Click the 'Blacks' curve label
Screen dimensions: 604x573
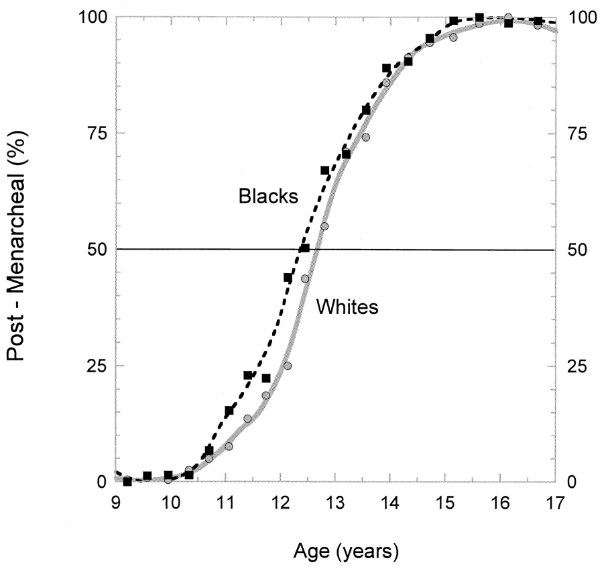268,196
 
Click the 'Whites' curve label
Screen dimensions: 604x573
347,307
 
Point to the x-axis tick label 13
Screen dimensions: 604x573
335,503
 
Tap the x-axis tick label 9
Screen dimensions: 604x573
116,503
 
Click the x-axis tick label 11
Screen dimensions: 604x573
226,503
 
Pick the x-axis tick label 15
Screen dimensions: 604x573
445,503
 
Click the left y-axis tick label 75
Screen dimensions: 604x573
97,134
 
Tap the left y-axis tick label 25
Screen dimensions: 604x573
97,366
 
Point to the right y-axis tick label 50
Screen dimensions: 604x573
577,250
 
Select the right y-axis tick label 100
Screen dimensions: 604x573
583,17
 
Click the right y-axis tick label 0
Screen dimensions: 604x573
572,482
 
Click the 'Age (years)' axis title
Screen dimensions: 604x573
346,552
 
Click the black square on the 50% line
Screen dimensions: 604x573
305,248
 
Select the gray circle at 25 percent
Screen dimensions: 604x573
288,366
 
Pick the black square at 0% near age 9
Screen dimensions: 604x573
127,481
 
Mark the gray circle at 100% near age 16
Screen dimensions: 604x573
508,17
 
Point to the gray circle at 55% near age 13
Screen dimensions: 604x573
324,226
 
